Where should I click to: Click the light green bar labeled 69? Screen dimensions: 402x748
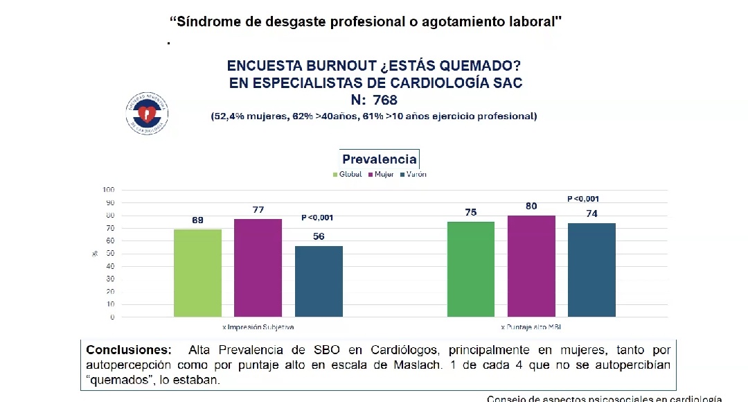(197, 273)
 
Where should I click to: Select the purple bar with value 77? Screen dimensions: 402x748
(258, 268)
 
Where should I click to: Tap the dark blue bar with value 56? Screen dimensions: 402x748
(319, 281)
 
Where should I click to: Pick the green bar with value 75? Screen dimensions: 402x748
(471, 270)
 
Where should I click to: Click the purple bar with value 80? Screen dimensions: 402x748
(531, 266)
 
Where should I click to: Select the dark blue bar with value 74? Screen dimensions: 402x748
(591, 270)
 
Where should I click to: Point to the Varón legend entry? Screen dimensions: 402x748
(413, 174)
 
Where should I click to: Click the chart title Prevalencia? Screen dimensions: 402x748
(379, 159)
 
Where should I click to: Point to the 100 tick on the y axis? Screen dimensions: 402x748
(108, 190)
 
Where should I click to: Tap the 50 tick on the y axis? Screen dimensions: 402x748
(109, 254)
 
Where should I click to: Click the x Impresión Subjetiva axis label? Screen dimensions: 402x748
(258, 326)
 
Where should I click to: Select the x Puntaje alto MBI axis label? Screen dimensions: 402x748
(531, 326)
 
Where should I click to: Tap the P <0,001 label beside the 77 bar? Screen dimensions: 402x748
(317, 218)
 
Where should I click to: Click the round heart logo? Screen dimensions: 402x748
(147, 113)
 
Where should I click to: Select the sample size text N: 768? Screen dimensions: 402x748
(374, 101)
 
